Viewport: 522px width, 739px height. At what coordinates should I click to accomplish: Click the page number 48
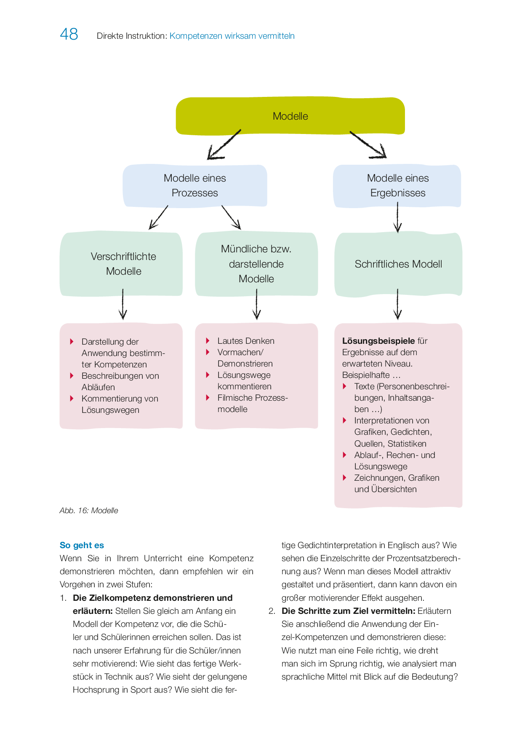pos(69,34)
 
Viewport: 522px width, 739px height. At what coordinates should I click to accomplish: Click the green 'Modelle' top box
pos(290,116)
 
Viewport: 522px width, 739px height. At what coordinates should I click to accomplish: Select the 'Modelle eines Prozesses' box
pos(195,185)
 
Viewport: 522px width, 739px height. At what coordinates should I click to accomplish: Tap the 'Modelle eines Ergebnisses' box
pos(397,185)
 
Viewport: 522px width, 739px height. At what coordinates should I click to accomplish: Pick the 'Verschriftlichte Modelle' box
pos(122,264)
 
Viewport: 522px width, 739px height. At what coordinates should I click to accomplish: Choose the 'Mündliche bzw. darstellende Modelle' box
pos(256,264)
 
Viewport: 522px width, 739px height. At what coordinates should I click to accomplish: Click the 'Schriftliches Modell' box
pos(398,264)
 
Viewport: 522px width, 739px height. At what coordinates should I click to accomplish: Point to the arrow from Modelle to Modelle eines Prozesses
pos(224,145)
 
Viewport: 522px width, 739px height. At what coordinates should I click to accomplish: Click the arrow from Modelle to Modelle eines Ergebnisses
pos(368,145)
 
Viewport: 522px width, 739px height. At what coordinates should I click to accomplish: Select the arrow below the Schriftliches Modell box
pos(397,304)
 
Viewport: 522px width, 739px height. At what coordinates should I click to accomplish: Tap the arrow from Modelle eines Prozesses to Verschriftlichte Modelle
pos(159,217)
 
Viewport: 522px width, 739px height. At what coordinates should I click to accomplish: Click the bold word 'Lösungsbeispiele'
pos(378,341)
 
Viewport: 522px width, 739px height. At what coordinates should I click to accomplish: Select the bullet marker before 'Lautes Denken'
pos(208,340)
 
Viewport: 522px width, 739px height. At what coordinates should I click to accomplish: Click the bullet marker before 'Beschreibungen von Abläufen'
pos(72,375)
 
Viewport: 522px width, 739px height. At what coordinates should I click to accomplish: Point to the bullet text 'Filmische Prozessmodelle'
pos(252,403)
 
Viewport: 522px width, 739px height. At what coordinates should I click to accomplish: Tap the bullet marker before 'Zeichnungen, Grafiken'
pos(345,477)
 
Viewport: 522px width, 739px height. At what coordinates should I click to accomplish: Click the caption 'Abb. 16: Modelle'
pos(89,511)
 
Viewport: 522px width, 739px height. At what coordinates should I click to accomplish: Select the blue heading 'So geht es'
pos(82,545)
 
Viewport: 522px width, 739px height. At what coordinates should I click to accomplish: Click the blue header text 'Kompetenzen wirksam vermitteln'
pos(232,36)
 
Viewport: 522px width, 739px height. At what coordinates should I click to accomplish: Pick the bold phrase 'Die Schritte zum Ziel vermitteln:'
pos(348,611)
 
